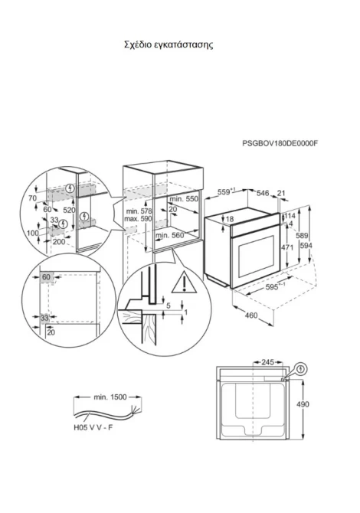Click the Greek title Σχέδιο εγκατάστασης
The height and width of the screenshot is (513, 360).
coord(169,44)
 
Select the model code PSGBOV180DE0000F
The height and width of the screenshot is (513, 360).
coord(280,143)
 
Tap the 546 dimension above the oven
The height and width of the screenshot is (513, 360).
coord(263,194)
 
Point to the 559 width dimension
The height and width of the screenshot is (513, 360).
coord(227,191)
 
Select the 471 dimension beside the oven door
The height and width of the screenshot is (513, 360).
coord(287,247)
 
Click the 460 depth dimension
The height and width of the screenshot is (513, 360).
coord(251,315)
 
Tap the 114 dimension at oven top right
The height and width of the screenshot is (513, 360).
coord(290,216)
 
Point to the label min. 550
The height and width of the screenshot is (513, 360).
coord(184,198)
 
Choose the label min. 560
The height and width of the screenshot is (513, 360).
coord(169,235)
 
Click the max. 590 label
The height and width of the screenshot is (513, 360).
coord(138,218)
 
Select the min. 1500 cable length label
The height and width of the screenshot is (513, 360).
coord(110,397)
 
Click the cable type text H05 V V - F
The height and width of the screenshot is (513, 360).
coord(93,427)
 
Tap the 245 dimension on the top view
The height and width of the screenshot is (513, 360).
coord(268,362)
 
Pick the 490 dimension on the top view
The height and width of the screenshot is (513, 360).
coord(303,404)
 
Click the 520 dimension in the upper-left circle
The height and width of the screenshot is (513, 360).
coord(69,210)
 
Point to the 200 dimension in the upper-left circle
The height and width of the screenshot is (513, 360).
coord(59,242)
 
